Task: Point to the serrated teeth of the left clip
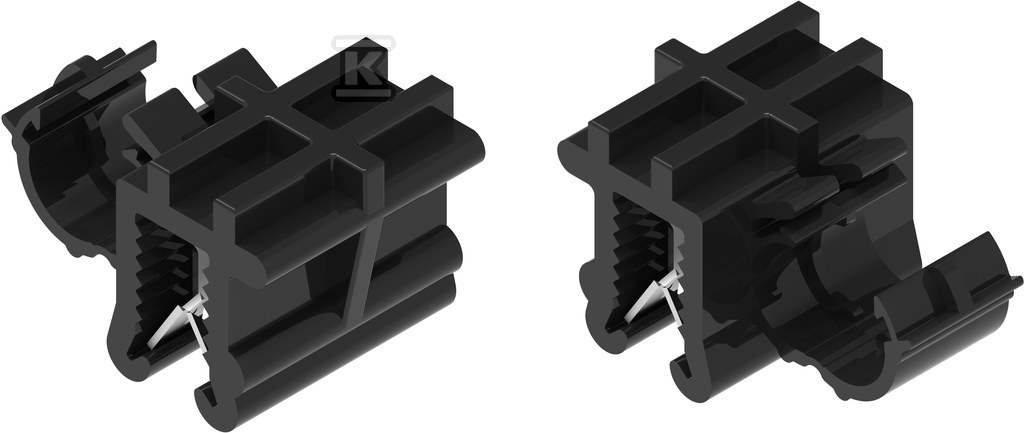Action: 163,274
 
